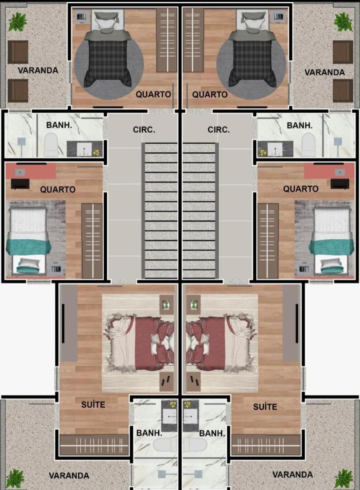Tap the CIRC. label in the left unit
tap(144, 130)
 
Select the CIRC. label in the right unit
tap(218, 130)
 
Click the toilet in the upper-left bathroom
tap(51, 145)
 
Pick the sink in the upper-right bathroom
tap(275, 149)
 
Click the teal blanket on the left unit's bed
tap(29, 247)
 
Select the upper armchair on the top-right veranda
tap(343, 52)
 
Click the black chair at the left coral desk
tap(20, 184)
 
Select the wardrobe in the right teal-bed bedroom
tap(268, 241)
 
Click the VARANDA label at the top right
tap(324, 72)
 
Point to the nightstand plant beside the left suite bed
tap(167, 305)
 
